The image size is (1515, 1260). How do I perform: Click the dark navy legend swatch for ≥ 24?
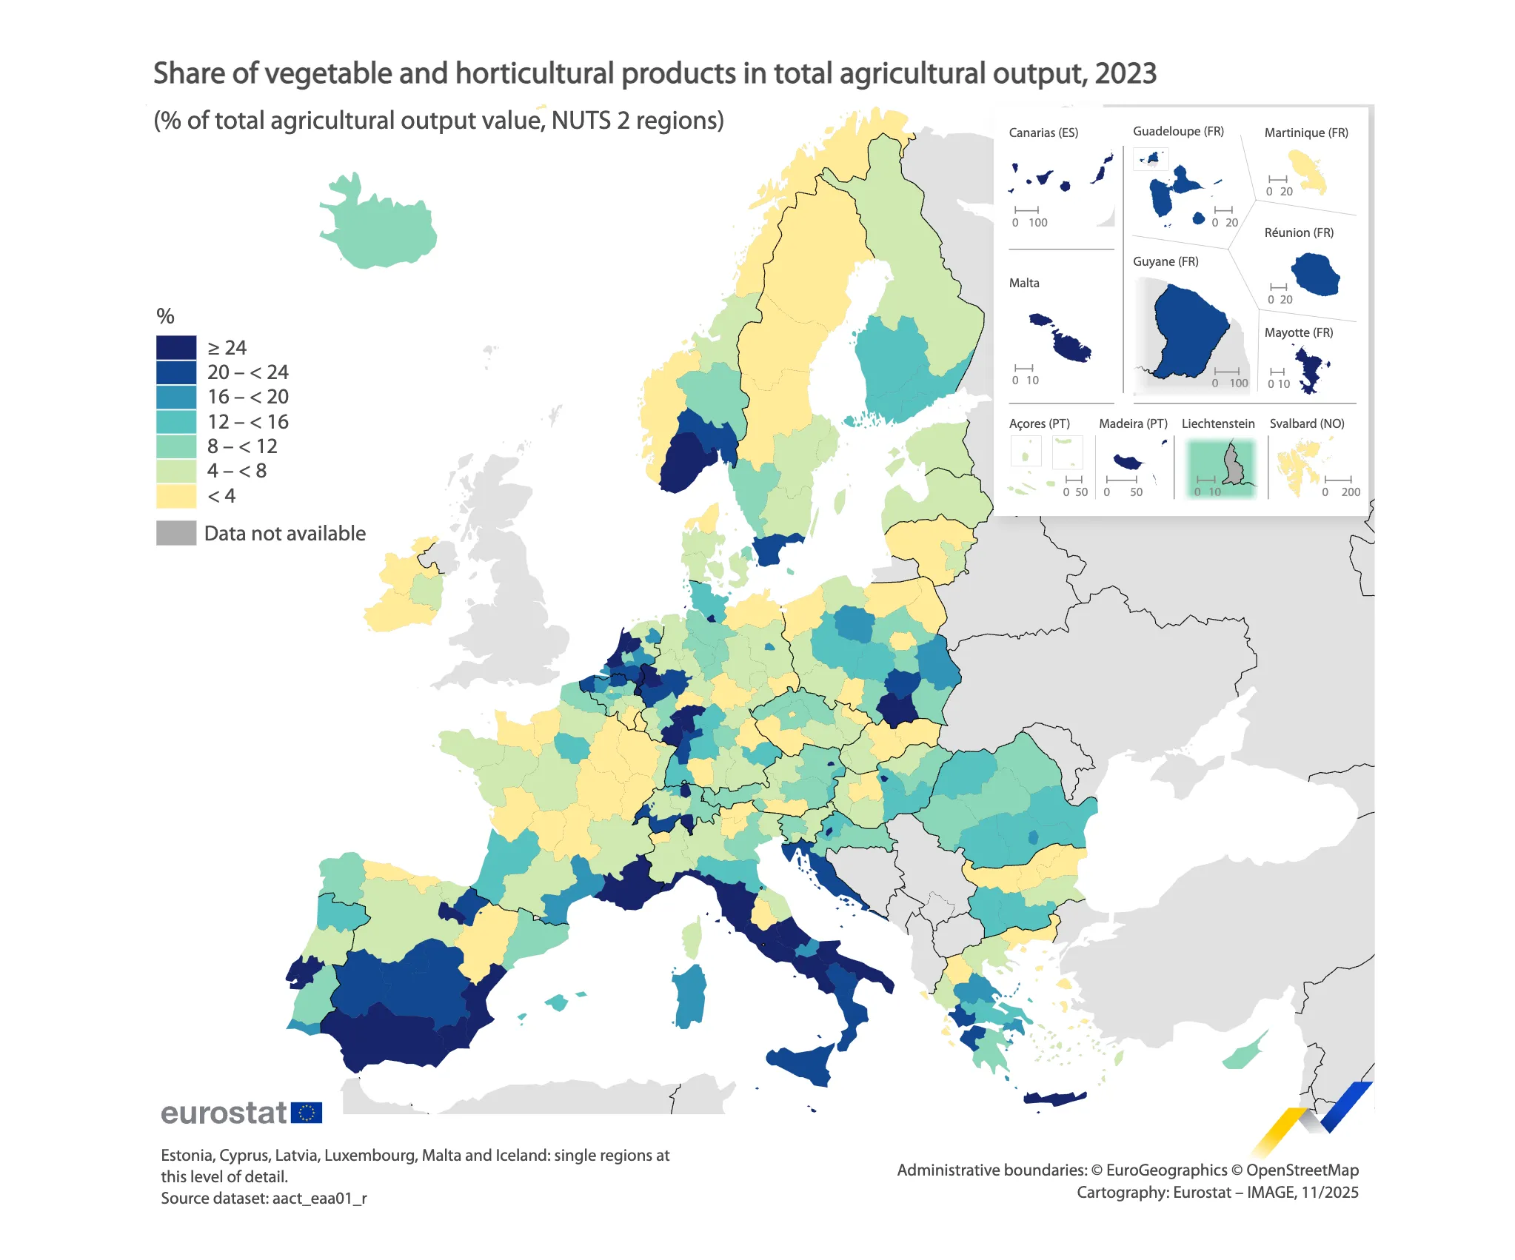tap(176, 347)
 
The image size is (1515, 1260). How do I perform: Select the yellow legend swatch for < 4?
tap(176, 495)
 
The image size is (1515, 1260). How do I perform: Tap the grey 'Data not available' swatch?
tap(176, 533)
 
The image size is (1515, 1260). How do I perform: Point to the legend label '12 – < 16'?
tap(247, 422)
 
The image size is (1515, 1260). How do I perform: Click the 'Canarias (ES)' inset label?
tap(1043, 133)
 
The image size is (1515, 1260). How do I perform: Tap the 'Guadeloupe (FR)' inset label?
tap(1178, 131)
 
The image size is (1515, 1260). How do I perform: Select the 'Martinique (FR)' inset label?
tap(1306, 133)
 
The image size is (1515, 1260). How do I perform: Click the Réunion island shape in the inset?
tap(1316, 274)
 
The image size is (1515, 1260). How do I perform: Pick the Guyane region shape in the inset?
tap(1188, 329)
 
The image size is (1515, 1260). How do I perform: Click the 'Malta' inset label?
tap(1024, 283)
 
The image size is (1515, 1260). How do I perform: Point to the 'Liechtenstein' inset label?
tap(1218, 423)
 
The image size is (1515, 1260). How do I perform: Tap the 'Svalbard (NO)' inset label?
tap(1307, 423)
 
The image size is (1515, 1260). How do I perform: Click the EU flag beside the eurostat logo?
tap(307, 1113)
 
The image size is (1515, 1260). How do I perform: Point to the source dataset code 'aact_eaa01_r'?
tap(319, 1198)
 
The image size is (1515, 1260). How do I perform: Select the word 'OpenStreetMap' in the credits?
tap(1302, 1170)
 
